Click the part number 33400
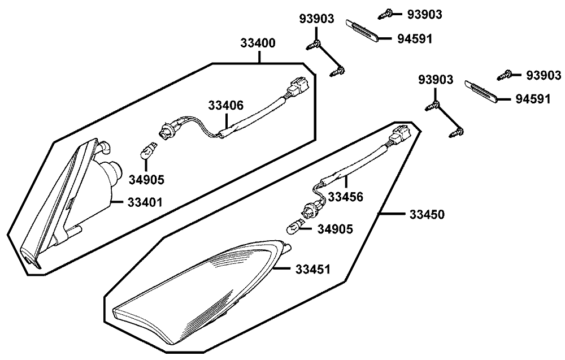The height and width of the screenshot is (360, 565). [x=259, y=44]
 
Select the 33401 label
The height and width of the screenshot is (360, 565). [x=146, y=202]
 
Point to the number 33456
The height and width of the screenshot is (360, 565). [x=346, y=197]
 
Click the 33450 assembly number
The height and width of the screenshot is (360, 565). [x=427, y=215]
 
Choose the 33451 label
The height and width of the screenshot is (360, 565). [x=314, y=270]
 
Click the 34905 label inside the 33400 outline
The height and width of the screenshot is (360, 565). [x=146, y=180]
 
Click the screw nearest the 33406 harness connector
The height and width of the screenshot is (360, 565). [x=338, y=71]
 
